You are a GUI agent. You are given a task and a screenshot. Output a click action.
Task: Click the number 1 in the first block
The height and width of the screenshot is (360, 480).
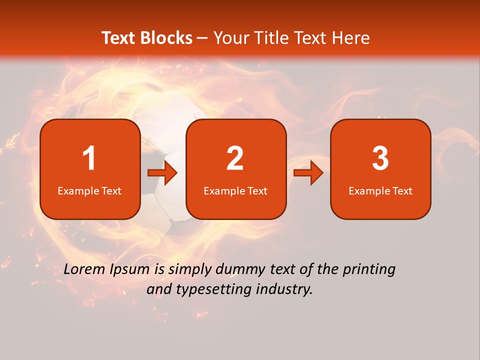coord(89,158)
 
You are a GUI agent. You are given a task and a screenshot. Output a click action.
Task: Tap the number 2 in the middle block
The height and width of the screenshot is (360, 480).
coord(235,158)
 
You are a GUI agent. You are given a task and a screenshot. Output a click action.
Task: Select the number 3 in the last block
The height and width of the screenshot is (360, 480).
coord(380,158)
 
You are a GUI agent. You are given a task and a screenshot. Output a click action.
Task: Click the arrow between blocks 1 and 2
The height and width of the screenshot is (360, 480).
coord(163,173)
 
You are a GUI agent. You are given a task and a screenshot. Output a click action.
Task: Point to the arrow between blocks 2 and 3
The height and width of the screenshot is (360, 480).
coord(308,173)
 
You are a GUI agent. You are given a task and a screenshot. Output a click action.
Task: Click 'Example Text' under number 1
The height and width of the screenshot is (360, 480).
coord(89,190)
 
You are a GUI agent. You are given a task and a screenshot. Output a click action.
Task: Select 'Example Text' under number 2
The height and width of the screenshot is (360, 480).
coord(235,190)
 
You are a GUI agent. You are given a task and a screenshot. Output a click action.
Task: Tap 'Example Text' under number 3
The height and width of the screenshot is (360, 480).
coord(380,190)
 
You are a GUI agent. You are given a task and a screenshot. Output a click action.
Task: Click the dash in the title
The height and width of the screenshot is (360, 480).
coord(202,38)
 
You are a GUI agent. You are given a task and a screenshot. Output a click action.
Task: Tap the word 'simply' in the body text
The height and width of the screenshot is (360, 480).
coord(189,270)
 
